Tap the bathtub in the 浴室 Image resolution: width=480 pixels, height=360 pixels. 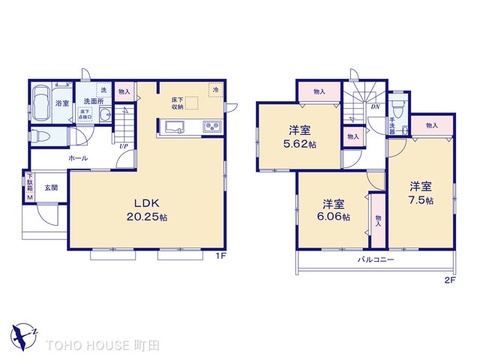43,103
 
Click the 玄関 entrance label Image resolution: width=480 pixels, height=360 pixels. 50,187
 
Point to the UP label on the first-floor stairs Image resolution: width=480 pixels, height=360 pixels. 122,145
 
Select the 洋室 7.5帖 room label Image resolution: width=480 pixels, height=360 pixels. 420,193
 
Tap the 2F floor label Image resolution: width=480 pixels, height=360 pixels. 449,280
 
